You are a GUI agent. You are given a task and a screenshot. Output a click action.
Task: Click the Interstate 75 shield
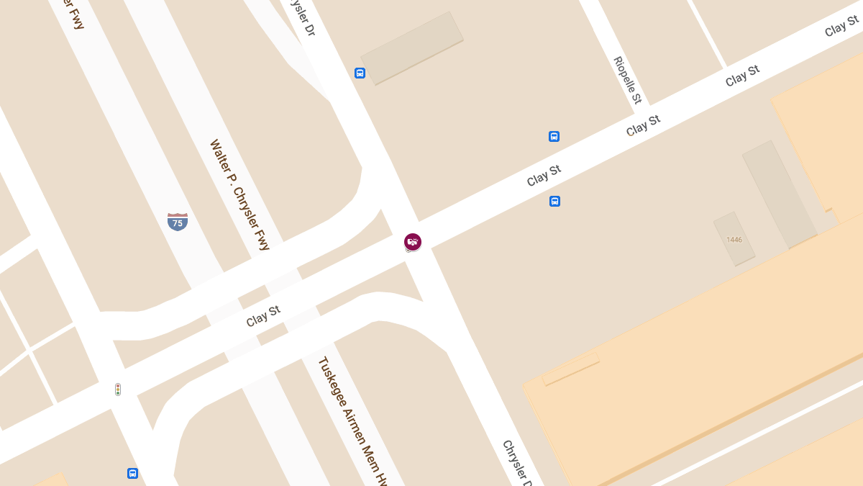178,221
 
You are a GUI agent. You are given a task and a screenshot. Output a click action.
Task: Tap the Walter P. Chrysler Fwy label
239,194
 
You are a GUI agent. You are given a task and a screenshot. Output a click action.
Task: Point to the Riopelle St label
627,80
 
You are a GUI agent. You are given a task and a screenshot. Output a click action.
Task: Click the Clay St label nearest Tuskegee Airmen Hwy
262,316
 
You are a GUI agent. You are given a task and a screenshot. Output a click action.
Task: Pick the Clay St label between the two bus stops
544,176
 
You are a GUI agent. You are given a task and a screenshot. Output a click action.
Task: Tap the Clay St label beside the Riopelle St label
643,125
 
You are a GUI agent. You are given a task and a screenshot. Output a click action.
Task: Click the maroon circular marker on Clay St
412,242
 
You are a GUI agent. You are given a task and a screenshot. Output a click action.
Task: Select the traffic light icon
118,390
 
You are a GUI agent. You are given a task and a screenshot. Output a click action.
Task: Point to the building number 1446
734,239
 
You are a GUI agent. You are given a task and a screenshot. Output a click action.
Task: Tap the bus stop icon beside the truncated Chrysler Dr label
360,73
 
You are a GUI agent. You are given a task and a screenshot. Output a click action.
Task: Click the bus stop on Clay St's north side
554,136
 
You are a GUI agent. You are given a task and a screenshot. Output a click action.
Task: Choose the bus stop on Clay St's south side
554,201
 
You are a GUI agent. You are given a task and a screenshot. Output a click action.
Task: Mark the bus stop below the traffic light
132,473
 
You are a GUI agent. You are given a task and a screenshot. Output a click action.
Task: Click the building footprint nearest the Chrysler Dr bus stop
412,48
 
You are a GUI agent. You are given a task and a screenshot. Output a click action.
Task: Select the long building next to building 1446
779,194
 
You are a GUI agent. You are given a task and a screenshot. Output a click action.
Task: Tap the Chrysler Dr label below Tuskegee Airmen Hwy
517,462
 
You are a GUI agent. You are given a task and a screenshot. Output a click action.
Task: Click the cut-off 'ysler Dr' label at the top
301,17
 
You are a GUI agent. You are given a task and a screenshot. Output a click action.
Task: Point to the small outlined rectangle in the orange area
570,369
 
